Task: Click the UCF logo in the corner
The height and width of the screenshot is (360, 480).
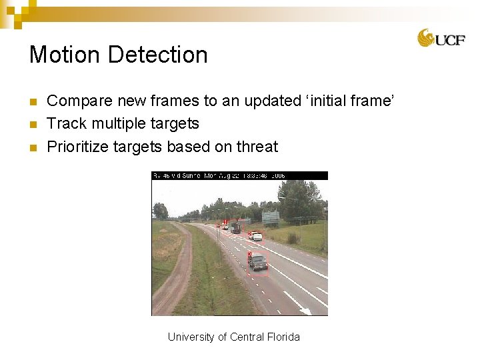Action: [x=441, y=38]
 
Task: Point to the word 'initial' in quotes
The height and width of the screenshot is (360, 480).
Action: [x=327, y=101]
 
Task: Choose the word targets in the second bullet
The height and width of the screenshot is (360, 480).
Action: [x=174, y=124]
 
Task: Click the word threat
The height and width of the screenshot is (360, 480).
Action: [x=257, y=147]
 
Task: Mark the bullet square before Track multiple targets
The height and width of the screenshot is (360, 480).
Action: [x=33, y=124]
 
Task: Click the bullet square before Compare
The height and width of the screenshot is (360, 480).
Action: [x=33, y=102]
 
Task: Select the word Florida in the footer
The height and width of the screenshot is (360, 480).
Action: [x=283, y=337]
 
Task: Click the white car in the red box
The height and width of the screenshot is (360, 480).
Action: [x=256, y=235]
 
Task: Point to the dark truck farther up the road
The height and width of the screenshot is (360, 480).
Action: [x=235, y=227]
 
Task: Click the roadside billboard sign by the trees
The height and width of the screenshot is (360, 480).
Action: [x=271, y=217]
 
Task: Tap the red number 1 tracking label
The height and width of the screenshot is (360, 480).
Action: [x=225, y=221]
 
